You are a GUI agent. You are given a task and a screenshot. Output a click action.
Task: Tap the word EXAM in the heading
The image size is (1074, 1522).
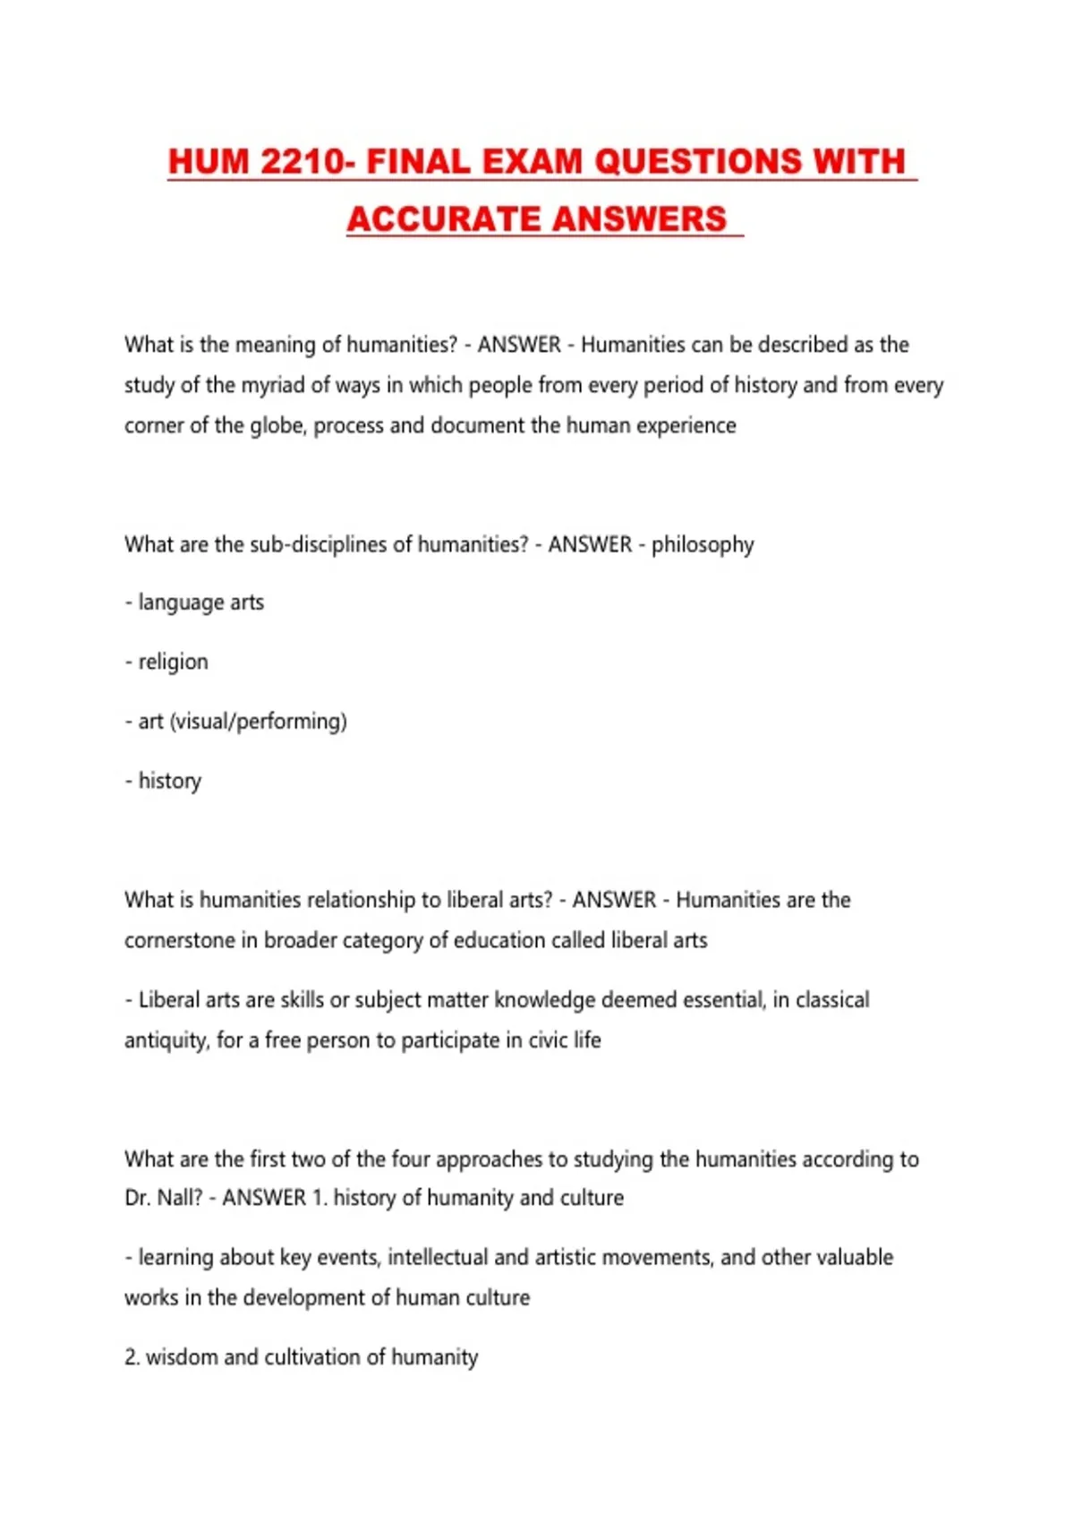(x=532, y=162)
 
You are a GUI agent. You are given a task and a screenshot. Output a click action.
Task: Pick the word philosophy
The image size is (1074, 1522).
(x=703, y=545)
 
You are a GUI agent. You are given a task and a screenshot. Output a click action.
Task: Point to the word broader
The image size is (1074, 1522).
(x=298, y=941)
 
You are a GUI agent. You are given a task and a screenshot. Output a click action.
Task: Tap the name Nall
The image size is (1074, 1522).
(x=179, y=1198)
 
